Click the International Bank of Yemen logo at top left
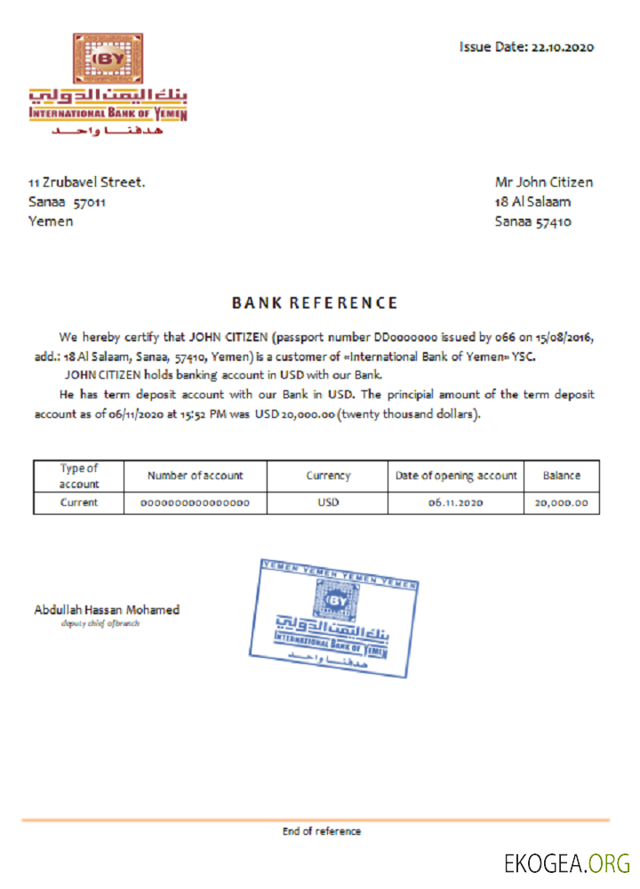(x=108, y=85)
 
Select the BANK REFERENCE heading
(x=315, y=303)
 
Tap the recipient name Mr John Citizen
(x=543, y=182)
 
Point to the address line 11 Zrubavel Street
(x=86, y=182)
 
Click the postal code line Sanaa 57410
(x=532, y=221)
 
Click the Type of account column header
(x=79, y=476)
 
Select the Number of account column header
(x=195, y=476)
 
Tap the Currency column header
(x=327, y=476)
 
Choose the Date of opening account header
(x=455, y=476)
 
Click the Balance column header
(x=561, y=476)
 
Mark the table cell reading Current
(x=79, y=503)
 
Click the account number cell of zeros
(x=195, y=503)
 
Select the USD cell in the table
(x=327, y=503)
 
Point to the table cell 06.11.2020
(x=455, y=503)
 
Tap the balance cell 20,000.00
(x=561, y=503)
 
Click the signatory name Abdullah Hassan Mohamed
(x=107, y=610)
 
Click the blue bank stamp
(x=335, y=617)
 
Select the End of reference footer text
(x=322, y=831)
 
